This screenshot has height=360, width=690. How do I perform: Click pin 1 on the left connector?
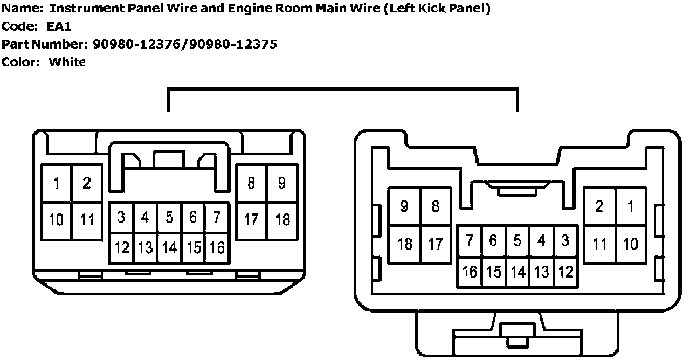coord(57,183)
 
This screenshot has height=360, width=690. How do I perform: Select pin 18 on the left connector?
coord(282,220)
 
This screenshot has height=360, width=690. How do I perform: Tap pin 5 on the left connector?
coord(169,217)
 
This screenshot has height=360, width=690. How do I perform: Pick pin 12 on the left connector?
coord(122,248)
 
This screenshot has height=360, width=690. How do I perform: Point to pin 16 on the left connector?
coord(217,248)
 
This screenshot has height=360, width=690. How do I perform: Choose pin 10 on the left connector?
coord(56,220)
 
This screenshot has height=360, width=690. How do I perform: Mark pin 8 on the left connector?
coord(251,183)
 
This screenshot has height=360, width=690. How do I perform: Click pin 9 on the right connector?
coord(404,206)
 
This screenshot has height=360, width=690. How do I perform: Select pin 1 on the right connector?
coord(631,206)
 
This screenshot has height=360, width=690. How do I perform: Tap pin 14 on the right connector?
coord(517,272)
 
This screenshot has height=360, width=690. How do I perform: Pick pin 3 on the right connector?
coord(565,241)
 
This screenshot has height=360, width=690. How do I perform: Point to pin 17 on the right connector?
coord(436,244)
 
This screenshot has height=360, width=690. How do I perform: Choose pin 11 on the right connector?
coord(599,244)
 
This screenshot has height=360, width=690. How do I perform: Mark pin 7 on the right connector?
coord(470,241)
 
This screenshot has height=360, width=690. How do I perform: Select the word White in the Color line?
coord(67,62)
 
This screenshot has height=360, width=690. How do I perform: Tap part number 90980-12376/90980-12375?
coord(185,44)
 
